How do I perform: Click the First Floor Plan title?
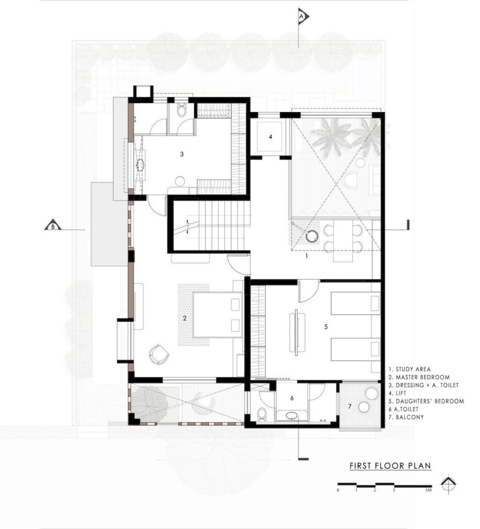click(x=390, y=466)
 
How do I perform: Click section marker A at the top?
click(x=302, y=16)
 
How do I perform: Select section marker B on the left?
click(x=53, y=225)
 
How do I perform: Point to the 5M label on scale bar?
click(x=428, y=490)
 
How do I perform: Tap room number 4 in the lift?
click(x=270, y=136)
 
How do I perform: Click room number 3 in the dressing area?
click(x=182, y=154)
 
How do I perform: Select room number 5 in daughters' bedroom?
click(x=326, y=326)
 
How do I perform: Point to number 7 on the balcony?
click(x=349, y=407)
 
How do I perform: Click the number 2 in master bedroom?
click(x=185, y=318)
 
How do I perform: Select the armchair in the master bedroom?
click(x=159, y=354)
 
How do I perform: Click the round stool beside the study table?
click(x=312, y=236)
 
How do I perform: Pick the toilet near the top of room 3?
click(x=182, y=110)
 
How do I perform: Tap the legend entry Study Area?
click(x=410, y=369)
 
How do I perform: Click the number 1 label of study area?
click(x=307, y=256)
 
